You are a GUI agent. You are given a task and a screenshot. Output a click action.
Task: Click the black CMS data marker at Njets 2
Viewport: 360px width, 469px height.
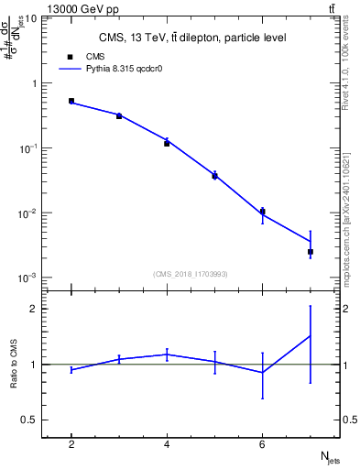pyautogui.click(x=71, y=101)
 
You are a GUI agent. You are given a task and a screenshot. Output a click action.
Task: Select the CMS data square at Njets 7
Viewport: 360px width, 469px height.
pyautogui.click(x=311, y=251)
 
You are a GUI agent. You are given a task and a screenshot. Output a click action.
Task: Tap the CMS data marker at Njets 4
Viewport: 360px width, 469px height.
pyautogui.click(x=167, y=143)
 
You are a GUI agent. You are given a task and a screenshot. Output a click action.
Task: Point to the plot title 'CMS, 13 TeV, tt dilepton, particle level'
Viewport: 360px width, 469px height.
pyautogui.click(x=191, y=38)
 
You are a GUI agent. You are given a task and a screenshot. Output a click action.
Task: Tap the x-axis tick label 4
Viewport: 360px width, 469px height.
pyautogui.click(x=167, y=444)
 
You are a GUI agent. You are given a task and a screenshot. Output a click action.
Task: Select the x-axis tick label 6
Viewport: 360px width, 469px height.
pyautogui.click(x=263, y=444)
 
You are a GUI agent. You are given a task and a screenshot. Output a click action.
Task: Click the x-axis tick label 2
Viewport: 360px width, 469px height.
pyautogui.click(x=71, y=444)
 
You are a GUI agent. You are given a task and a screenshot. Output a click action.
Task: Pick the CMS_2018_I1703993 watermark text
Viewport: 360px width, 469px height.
pyautogui.click(x=191, y=273)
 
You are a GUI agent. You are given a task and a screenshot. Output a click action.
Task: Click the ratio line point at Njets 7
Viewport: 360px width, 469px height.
pyautogui.click(x=311, y=335)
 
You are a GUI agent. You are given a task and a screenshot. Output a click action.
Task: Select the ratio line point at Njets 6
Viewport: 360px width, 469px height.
pyautogui.click(x=263, y=372)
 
